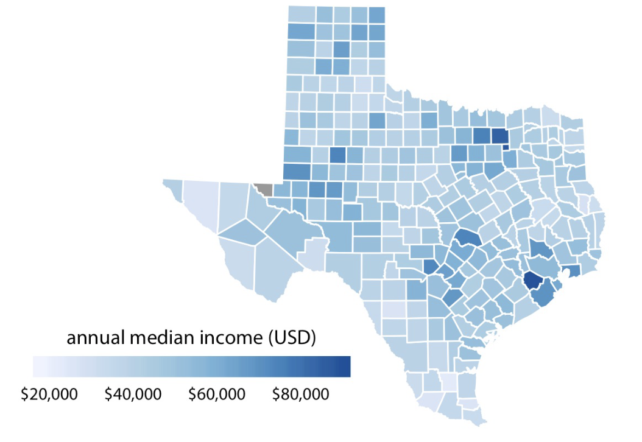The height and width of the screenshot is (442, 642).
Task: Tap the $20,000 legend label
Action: [49, 395]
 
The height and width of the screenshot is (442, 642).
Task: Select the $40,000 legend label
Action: [133, 395]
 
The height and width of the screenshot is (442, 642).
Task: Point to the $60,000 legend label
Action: [217, 395]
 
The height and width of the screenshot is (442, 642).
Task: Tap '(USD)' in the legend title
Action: [291, 339]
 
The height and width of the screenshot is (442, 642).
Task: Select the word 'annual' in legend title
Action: [94, 339]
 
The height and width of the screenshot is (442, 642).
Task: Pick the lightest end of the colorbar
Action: [37, 367]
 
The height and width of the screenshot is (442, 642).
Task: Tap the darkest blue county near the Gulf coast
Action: [532, 279]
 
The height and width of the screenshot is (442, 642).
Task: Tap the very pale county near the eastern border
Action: [584, 204]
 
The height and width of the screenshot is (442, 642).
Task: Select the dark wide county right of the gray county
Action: [296, 172]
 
